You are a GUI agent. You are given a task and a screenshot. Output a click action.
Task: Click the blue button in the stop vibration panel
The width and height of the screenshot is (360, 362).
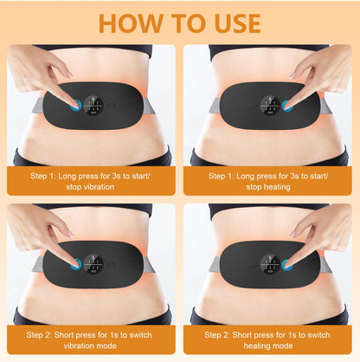[x=76, y=106]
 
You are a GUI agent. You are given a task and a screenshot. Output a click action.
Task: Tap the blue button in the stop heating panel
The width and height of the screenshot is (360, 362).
[x=287, y=106]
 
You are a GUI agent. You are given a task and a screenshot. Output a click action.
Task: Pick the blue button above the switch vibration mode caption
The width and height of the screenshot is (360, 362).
[x=76, y=264]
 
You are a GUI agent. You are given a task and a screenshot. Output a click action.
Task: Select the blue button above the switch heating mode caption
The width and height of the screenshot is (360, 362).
[x=287, y=265]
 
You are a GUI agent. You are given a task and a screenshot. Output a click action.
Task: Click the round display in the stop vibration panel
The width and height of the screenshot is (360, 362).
[x=93, y=106]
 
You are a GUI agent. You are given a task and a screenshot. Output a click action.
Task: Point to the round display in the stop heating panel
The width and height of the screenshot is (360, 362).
[x=270, y=106]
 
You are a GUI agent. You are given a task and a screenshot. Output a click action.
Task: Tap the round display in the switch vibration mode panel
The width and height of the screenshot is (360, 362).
[x=93, y=264]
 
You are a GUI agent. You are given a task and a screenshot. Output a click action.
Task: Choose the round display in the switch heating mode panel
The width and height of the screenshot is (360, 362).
[x=270, y=264]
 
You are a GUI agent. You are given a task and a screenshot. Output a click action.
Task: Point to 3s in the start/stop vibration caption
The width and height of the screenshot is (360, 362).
[x=115, y=176]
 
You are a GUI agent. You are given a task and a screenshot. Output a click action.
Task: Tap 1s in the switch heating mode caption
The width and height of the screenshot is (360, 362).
[x=292, y=335]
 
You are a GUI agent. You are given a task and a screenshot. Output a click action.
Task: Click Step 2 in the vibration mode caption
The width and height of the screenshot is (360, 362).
[x=39, y=335]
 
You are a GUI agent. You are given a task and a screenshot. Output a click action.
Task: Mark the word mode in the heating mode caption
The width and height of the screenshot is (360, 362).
[x=284, y=346]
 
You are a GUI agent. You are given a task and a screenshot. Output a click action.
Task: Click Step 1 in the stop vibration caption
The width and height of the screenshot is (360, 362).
[x=43, y=176]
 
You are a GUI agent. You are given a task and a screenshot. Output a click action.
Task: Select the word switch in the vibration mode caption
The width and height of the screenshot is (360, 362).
[x=140, y=335]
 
